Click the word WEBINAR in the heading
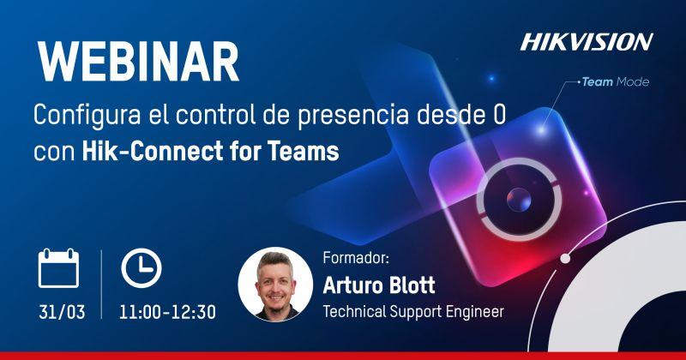(138, 62)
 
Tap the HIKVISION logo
(587, 42)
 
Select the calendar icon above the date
(58, 268)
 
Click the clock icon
(141, 268)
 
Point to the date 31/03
(62, 312)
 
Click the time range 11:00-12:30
(167, 312)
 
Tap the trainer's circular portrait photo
(275, 285)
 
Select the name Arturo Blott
(379, 285)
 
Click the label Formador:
(356, 258)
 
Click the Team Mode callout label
(615, 81)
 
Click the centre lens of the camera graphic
(519, 200)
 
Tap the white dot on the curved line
(565, 259)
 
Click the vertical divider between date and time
(101, 285)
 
